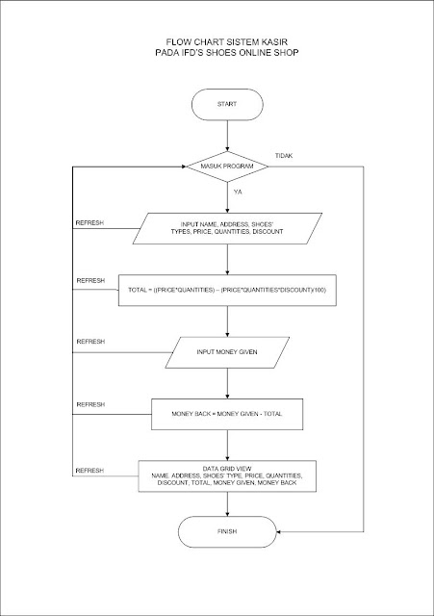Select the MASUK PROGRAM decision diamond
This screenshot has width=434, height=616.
point(226,166)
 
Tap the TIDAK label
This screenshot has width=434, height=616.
point(284,155)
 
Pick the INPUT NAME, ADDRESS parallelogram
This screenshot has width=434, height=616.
point(226,228)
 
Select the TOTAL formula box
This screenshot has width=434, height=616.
point(226,289)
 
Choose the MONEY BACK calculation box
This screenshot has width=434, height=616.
point(226,413)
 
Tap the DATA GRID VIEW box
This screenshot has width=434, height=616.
point(226,476)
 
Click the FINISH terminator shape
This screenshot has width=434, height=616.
point(226,531)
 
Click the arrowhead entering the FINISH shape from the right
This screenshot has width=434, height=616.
point(274,531)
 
